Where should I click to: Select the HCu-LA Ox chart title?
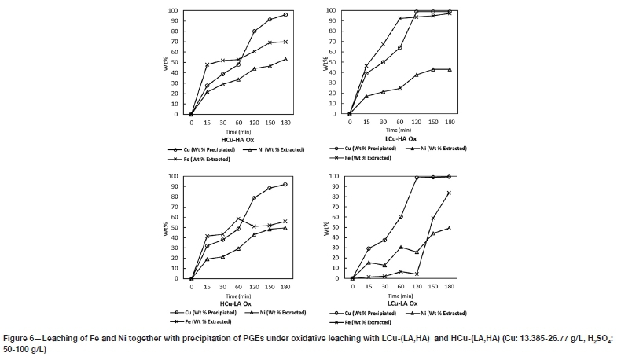[x=236, y=303]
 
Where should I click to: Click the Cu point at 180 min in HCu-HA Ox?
[x=285, y=15]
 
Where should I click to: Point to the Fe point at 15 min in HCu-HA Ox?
[x=208, y=64]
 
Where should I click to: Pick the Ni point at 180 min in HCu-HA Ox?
[x=285, y=59]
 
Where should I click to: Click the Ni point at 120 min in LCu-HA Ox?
[x=416, y=75]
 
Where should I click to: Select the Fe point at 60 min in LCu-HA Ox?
[x=399, y=19]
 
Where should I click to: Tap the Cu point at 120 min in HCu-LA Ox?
[x=254, y=197]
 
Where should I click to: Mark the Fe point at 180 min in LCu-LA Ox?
[x=449, y=192]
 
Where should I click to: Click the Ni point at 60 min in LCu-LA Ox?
[x=400, y=247]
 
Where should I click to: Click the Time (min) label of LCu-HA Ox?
[x=399, y=130]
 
